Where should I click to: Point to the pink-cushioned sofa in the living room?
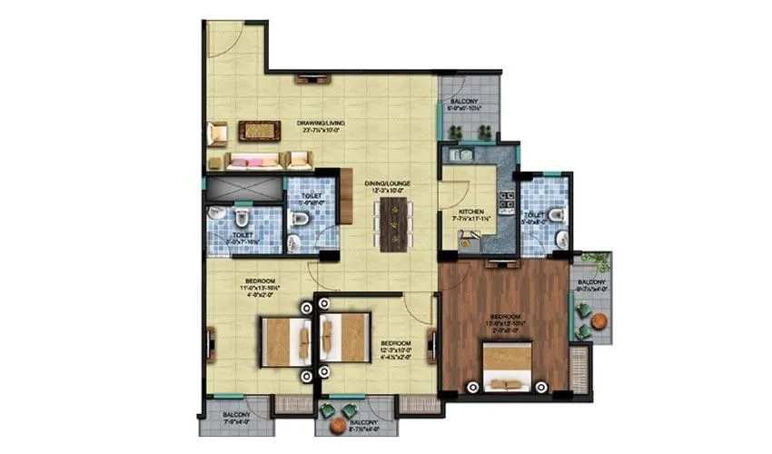(x=255, y=161)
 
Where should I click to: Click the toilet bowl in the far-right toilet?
(x=556, y=213)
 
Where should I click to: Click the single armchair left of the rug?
(x=216, y=133)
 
